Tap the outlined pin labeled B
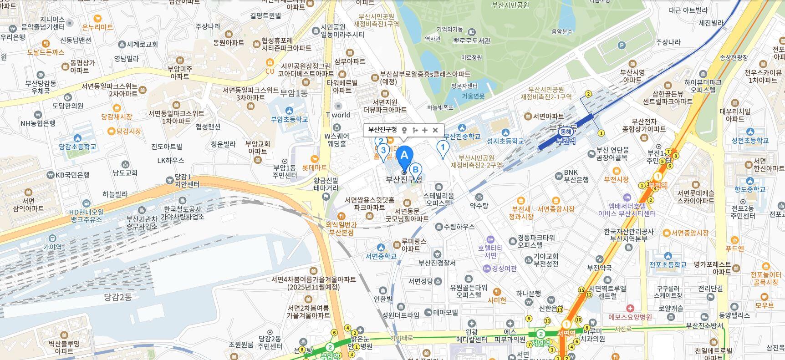tap(415, 170)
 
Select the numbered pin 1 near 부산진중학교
tap(442, 147)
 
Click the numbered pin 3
tap(383, 150)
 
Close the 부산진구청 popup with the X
tap(435, 130)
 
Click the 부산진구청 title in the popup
tap(382, 130)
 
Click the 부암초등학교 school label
tap(290, 119)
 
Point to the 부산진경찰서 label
tap(437, 263)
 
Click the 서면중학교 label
tap(381, 256)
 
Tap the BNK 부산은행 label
tap(576, 176)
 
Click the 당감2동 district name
tap(117, 297)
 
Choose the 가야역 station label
tap(52, 247)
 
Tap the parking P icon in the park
tap(622, 45)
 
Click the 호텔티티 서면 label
tap(490, 251)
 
